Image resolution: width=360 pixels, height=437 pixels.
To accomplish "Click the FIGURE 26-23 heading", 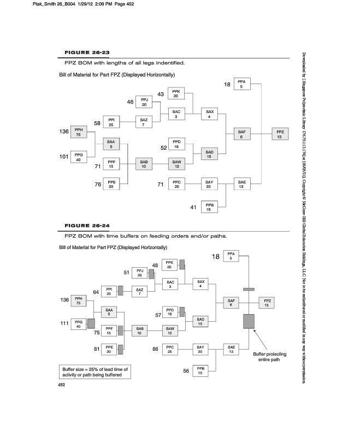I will coord(87,52).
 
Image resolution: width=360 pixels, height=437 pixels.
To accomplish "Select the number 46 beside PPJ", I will coord(131,102).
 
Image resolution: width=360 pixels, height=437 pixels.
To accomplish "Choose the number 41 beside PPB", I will coord(193,207).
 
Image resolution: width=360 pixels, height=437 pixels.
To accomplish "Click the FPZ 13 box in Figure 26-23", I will coord(279,134).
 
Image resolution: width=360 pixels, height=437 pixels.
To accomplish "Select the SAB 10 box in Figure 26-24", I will coord(140,330).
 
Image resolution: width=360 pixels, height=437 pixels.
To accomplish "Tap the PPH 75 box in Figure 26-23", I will coord(78,133).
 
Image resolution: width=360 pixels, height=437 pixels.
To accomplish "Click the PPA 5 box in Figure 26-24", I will coord(231,256).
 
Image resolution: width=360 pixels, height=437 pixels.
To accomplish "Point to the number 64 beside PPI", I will coord(96,292).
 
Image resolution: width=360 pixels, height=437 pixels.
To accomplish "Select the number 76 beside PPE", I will coord(98,185).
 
